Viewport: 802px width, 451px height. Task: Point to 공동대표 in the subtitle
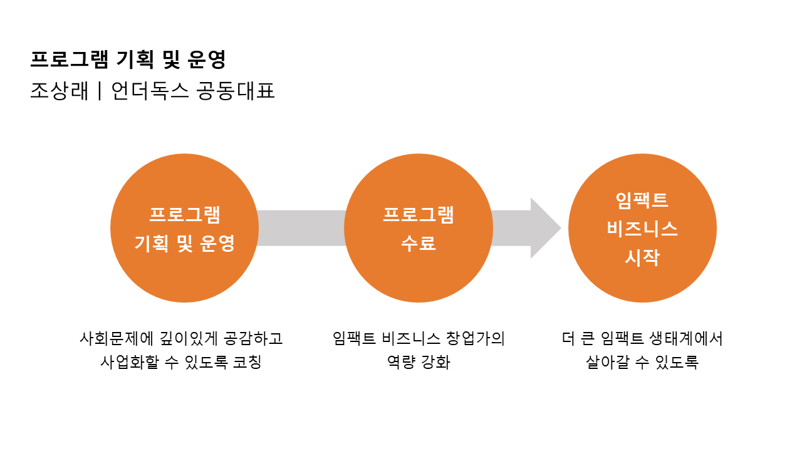(x=236, y=91)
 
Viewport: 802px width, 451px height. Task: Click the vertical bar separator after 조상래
(x=100, y=91)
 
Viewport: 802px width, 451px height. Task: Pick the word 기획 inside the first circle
(x=151, y=243)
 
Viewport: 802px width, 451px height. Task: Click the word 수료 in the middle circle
(x=418, y=243)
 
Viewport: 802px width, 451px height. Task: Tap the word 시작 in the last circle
(x=642, y=257)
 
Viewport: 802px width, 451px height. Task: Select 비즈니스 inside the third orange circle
(x=642, y=229)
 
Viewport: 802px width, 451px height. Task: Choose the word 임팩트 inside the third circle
(x=642, y=200)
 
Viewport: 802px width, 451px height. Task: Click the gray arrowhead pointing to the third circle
(x=544, y=228)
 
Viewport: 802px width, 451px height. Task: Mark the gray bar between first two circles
(x=301, y=228)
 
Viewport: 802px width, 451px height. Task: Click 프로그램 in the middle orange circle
(x=418, y=215)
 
